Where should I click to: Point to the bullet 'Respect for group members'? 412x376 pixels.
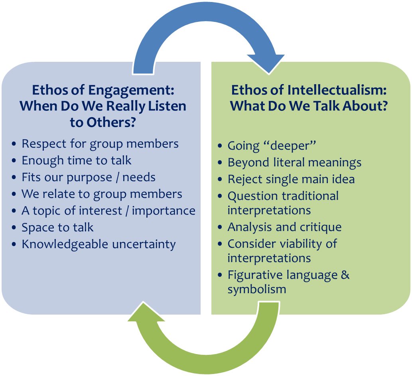(100, 143)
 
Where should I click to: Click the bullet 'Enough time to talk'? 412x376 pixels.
(76, 160)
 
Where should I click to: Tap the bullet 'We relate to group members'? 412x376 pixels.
(102, 194)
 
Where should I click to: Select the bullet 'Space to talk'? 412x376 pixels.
(57, 227)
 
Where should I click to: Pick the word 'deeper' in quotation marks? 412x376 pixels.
(291, 146)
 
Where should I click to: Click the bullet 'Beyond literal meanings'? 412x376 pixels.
(294, 162)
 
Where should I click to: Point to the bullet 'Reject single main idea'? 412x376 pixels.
(291, 179)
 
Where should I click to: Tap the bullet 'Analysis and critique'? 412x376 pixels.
(284, 227)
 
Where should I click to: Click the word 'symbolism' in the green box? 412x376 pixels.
(257, 289)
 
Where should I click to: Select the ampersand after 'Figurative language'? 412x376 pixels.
(345, 275)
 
